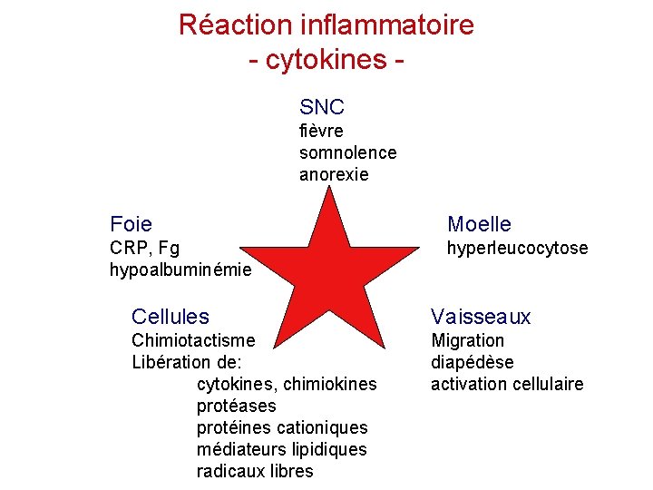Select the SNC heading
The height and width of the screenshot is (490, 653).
[322, 107]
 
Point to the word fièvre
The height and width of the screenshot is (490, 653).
[321, 131]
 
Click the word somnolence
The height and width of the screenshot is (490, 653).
[347, 152]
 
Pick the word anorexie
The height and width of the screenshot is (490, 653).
[334, 174]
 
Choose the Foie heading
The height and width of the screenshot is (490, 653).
[131, 224]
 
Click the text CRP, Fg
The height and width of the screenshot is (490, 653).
[144, 248]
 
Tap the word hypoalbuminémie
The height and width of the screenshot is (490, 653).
[180, 269]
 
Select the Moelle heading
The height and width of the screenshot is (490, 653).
[479, 224]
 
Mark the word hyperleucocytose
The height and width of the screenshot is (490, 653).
[517, 248]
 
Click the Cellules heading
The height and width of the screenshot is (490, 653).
[170, 317]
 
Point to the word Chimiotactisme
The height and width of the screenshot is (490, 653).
[193, 340]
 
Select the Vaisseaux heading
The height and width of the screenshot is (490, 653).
[481, 317]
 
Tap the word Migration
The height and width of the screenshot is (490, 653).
[467, 340]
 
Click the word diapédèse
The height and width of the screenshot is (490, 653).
[472, 362]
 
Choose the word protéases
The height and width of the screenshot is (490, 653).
[236, 406]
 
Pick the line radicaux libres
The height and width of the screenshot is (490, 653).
[254, 471]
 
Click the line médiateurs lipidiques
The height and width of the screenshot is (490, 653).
[281, 449]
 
